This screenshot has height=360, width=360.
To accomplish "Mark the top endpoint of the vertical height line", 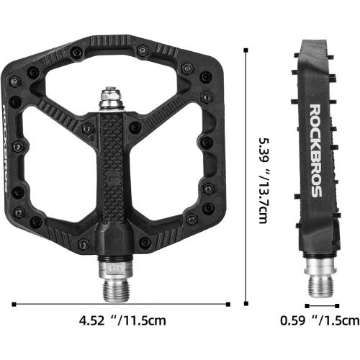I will point(247,50).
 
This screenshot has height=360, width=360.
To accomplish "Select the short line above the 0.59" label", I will point(322,305).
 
